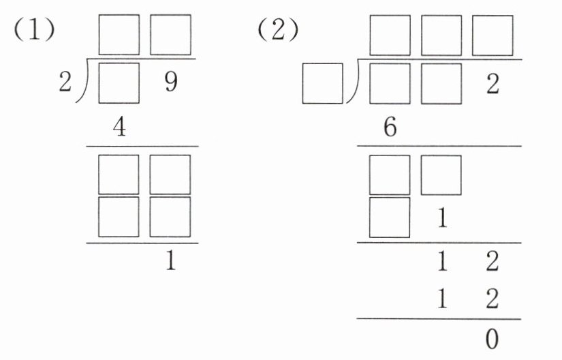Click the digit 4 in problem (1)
click(x=119, y=129)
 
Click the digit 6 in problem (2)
click(x=390, y=129)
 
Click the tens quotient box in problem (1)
click(x=119, y=35)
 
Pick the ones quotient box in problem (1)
click(x=170, y=35)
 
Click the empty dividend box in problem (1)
click(x=119, y=83)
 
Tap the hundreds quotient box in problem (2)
click(x=390, y=35)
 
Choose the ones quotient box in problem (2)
click(x=492, y=35)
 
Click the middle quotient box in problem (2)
click(x=441, y=35)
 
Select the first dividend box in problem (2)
click(x=390, y=83)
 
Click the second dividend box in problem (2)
click(x=441, y=83)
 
